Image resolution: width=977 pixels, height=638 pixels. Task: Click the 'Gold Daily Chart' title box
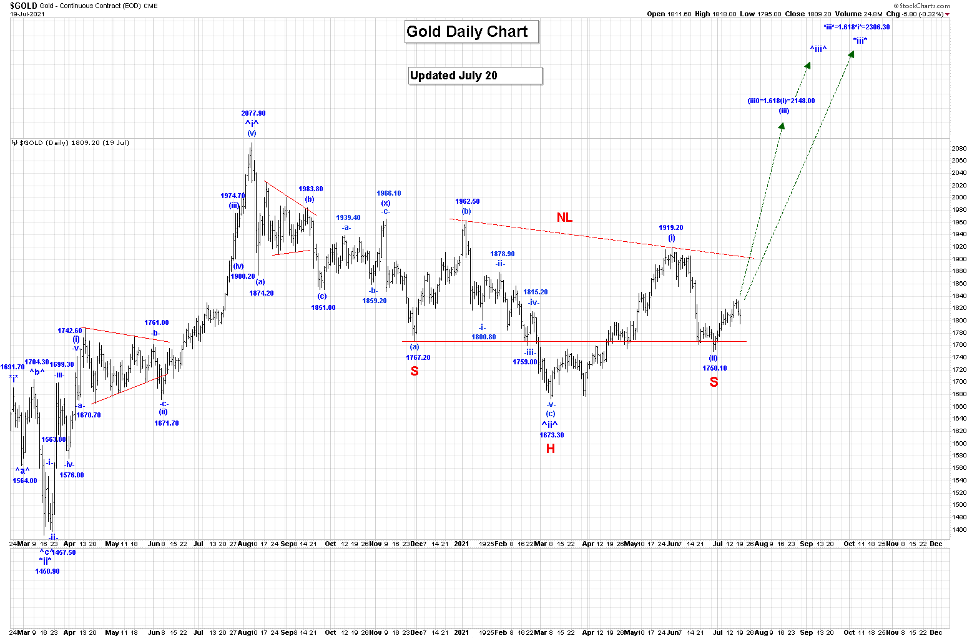[471, 32]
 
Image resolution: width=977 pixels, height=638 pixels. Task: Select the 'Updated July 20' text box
[475, 76]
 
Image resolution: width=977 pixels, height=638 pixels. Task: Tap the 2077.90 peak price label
[253, 114]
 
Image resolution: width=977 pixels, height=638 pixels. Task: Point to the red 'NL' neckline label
[564, 217]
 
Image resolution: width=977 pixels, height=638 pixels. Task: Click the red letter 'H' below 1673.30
[550, 449]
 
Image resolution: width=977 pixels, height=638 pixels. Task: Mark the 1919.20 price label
[671, 228]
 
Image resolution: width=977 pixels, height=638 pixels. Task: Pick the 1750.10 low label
[714, 369]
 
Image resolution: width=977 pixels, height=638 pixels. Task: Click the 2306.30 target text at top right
[857, 27]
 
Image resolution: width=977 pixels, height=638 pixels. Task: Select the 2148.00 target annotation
[781, 101]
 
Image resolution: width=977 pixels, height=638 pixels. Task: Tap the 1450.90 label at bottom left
[47, 571]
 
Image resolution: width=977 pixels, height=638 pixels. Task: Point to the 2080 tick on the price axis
[959, 149]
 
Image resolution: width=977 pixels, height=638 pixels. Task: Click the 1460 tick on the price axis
[959, 530]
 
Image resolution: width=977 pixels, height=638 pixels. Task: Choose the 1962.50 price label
[467, 202]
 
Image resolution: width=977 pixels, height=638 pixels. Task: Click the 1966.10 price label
[388, 194]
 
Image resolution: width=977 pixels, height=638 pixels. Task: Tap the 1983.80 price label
[310, 189]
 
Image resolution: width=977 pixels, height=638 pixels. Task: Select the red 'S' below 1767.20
[415, 371]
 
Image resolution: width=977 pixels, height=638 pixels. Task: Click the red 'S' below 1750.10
[714, 382]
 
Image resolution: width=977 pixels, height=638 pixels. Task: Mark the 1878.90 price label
[502, 254]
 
